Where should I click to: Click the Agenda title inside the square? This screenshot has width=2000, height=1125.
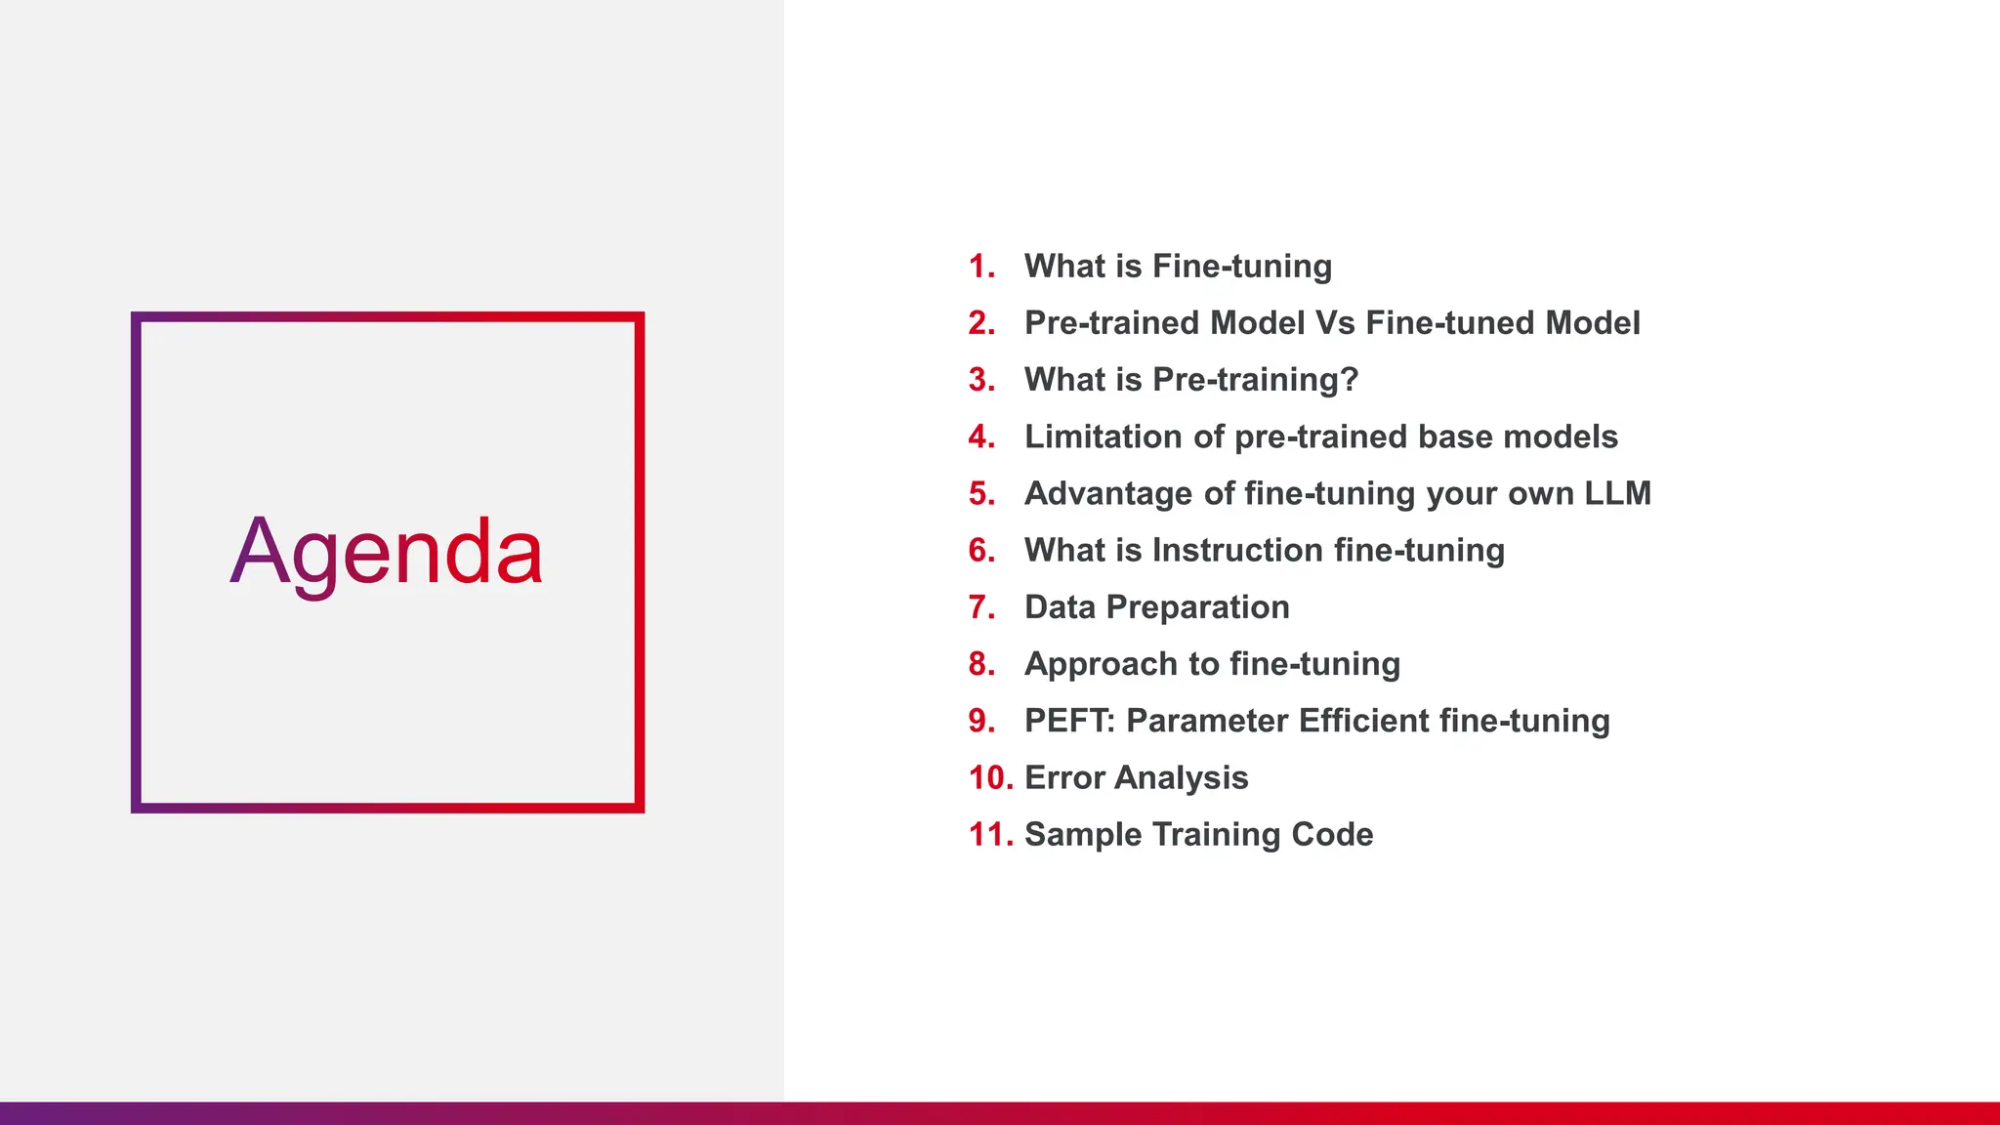click(x=387, y=553)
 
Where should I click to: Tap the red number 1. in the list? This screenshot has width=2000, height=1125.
click(x=981, y=267)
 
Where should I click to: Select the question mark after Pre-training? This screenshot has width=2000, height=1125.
click(x=1350, y=380)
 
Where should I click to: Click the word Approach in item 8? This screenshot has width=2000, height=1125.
click(x=1101, y=664)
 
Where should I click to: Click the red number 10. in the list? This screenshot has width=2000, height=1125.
click(x=990, y=777)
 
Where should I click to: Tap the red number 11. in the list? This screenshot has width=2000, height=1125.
click(x=990, y=834)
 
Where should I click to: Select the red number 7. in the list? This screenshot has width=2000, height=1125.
click(x=981, y=607)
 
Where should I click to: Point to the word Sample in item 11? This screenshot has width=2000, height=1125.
click(x=1083, y=835)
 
